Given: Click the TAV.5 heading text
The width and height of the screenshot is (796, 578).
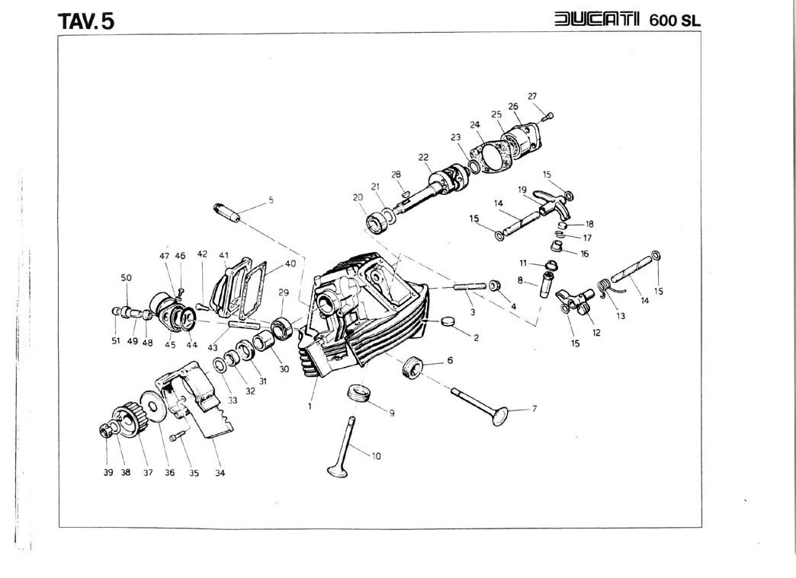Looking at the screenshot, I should click(86, 20).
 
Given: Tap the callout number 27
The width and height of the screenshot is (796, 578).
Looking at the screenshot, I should click(533, 96).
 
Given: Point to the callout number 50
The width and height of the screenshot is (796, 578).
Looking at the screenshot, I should click(127, 278).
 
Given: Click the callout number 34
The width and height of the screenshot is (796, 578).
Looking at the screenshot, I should click(220, 472).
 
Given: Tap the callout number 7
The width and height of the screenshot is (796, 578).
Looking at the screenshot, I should click(534, 409).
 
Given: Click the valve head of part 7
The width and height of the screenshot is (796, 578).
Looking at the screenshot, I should click(499, 416).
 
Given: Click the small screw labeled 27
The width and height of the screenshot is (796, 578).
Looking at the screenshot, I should click(549, 116).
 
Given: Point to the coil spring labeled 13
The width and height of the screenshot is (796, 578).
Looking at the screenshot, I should click(603, 286).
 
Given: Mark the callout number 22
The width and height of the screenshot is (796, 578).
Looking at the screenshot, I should click(423, 157).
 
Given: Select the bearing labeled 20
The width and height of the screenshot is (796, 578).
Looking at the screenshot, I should click(379, 224).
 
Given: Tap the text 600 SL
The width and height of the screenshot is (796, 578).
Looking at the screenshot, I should click(674, 20).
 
